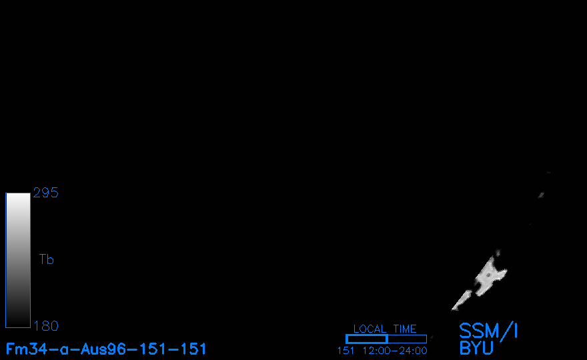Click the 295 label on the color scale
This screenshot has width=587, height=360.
click(x=45, y=193)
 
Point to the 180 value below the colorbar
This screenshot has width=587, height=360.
click(x=46, y=326)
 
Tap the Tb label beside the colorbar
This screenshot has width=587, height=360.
click(x=47, y=259)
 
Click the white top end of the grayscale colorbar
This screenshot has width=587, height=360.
click(x=18, y=196)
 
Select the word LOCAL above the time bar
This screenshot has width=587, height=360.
click(x=370, y=329)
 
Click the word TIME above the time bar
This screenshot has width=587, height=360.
click(x=405, y=329)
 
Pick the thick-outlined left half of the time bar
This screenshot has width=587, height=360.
click(x=367, y=339)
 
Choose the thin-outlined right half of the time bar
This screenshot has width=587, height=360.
click(x=408, y=339)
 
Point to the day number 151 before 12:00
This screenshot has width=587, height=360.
click(x=346, y=351)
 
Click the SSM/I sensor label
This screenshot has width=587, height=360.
click(x=488, y=331)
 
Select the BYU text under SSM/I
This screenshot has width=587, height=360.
click(x=476, y=348)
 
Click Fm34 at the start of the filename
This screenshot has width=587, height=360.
click(x=26, y=349)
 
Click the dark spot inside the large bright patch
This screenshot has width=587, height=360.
click(x=488, y=276)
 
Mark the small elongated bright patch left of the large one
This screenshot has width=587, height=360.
click(x=462, y=300)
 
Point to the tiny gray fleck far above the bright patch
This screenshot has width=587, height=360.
click(x=541, y=195)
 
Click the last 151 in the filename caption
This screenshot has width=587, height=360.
click(x=191, y=349)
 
